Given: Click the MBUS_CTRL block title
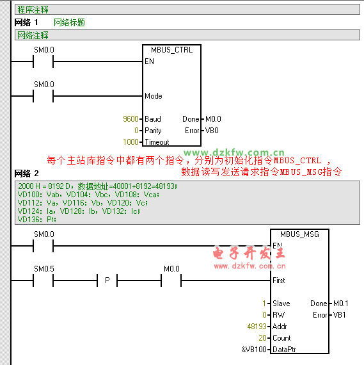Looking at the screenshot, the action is coord(171,50).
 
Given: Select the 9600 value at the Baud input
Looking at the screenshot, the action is coord(131,119).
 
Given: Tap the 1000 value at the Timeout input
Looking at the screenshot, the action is coord(131,142).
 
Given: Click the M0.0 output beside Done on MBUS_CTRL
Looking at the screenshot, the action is coord(213,119).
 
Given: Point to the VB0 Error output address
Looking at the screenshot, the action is coord(212,131).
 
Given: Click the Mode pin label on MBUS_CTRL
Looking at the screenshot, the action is coord(154,96).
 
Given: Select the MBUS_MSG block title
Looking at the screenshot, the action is coord(299,234).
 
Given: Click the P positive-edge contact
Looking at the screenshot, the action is coord(107,280).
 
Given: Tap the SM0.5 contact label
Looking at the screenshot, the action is coord(44,269).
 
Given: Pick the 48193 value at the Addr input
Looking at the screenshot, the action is coord(257,327).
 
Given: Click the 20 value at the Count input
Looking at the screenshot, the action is coord(262,337).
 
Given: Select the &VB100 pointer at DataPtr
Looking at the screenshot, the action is coord(254,350).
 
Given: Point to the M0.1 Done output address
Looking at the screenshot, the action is coord(341,304).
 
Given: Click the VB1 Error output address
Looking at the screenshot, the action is coord(339,315).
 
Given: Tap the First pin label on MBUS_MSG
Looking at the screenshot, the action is coord(279,280).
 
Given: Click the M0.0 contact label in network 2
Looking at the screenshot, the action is coord(171,269).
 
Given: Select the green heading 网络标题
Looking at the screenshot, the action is coord(69,22).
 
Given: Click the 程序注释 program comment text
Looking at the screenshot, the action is coord(33,10).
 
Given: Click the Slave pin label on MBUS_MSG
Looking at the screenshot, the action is coord(281,304).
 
